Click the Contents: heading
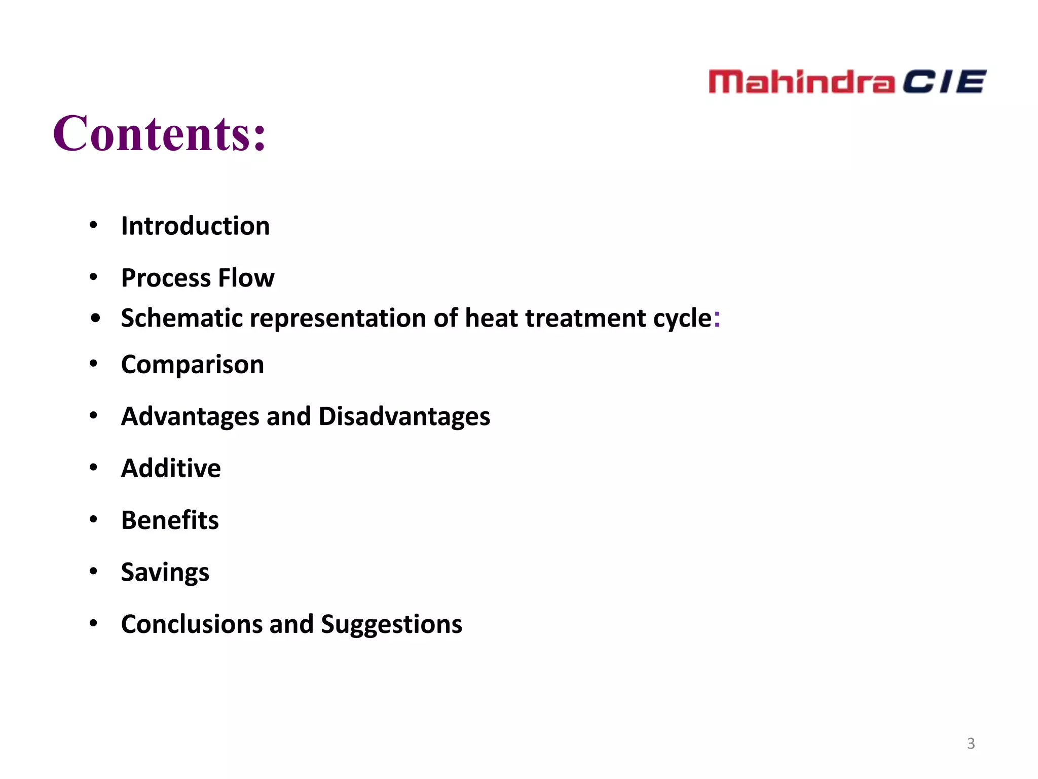159,134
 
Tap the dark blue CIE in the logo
944,82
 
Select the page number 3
971,743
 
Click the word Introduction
195,226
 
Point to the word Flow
246,278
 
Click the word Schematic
181,318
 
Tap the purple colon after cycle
717,318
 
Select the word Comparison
193,365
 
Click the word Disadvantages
404,416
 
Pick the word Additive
171,468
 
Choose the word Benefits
170,520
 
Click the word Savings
165,573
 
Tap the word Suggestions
391,624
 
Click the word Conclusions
192,624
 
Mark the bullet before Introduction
93,225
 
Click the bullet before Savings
93,571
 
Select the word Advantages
190,416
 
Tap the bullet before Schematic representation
95,318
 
